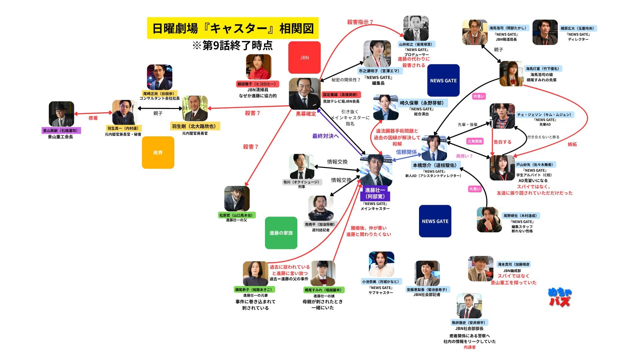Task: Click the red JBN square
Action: (x=304, y=57)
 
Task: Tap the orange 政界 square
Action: (x=158, y=152)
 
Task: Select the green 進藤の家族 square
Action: (x=281, y=233)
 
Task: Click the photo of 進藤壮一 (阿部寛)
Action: (x=376, y=170)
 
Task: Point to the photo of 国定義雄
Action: (x=305, y=94)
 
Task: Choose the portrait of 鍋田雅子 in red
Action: (x=258, y=67)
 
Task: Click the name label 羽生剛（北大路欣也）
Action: (x=195, y=126)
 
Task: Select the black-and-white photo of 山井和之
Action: (x=416, y=28)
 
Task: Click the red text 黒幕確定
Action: (x=306, y=114)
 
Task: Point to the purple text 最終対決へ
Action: (x=325, y=136)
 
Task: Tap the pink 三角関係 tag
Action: (x=475, y=141)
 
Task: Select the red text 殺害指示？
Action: (x=360, y=22)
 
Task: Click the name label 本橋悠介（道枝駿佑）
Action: (x=435, y=165)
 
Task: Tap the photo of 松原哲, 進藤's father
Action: (x=237, y=199)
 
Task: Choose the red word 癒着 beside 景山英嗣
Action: (x=93, y=118)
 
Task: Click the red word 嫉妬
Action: (x=572, y=144)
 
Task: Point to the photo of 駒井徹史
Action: (x=469, y=306)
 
